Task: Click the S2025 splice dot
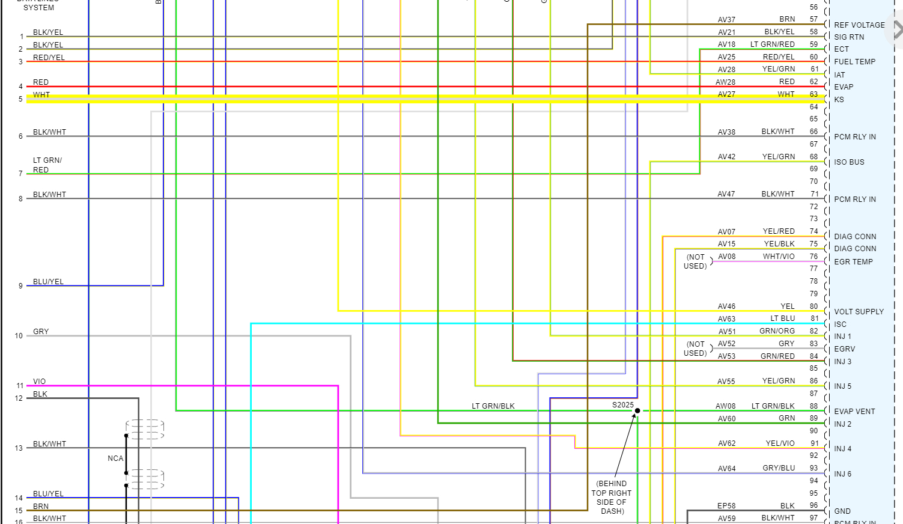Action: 637,411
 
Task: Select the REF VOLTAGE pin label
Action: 859,25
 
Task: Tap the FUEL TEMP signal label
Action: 854,62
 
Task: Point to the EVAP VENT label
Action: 854,412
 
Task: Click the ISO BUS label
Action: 849,162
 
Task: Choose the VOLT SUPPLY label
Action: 859,312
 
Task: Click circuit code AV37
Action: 726,20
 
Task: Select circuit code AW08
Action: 725,406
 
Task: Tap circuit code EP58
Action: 726,506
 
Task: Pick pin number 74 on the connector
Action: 813,231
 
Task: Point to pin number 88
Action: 813,406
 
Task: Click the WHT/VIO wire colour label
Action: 779,257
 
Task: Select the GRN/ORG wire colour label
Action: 777,331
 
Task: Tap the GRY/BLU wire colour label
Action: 779,468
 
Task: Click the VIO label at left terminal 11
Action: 40,382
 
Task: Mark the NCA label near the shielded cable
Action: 115,458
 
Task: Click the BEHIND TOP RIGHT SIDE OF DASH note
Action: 612,498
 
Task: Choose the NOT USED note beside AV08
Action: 696,261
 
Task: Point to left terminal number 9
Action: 20,286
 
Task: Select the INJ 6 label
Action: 842,474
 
